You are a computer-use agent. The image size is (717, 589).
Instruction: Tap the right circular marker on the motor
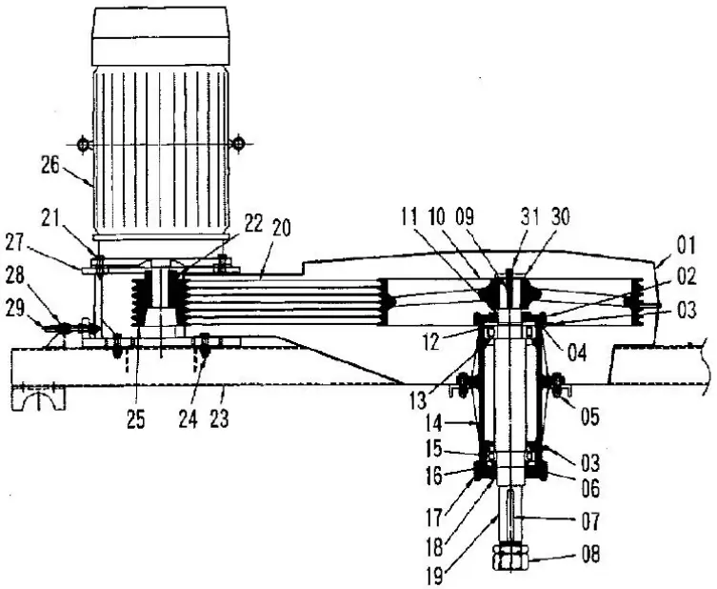coord(238,144)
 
